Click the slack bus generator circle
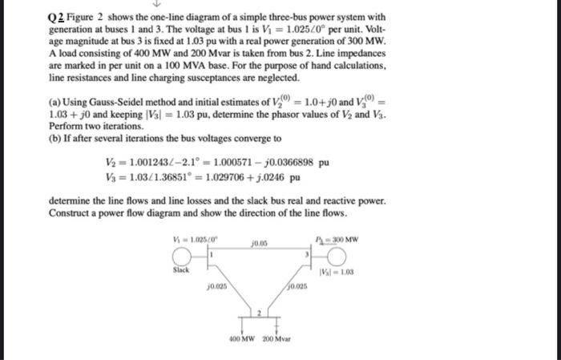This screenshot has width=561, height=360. click(x=184, y=255)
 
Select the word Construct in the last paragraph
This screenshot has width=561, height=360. click(x=71, y=212)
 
